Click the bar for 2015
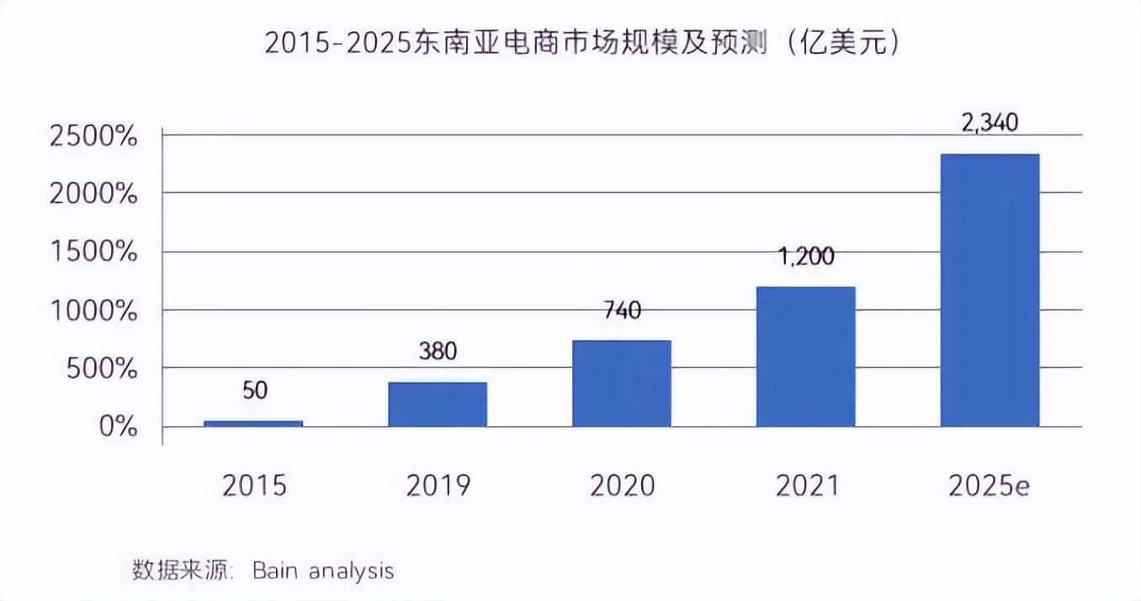(x=253, y=423)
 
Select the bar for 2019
(x=438, y=404)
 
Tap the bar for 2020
(x=622, y=383)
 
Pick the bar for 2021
(x=806, y=356)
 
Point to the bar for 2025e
(x=990, y=290)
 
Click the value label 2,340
(x=989, y=123)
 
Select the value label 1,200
(x=805, y=256)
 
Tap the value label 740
(x=622, y=310)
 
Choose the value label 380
(x=438, y=351)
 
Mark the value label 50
(x=253, y=391)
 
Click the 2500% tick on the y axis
(x=93, y=136)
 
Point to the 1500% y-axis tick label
(x=93, y=253)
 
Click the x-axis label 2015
(x=254, y=486)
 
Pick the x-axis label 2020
(x=622, y=486)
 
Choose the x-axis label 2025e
(x=990, y=486)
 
